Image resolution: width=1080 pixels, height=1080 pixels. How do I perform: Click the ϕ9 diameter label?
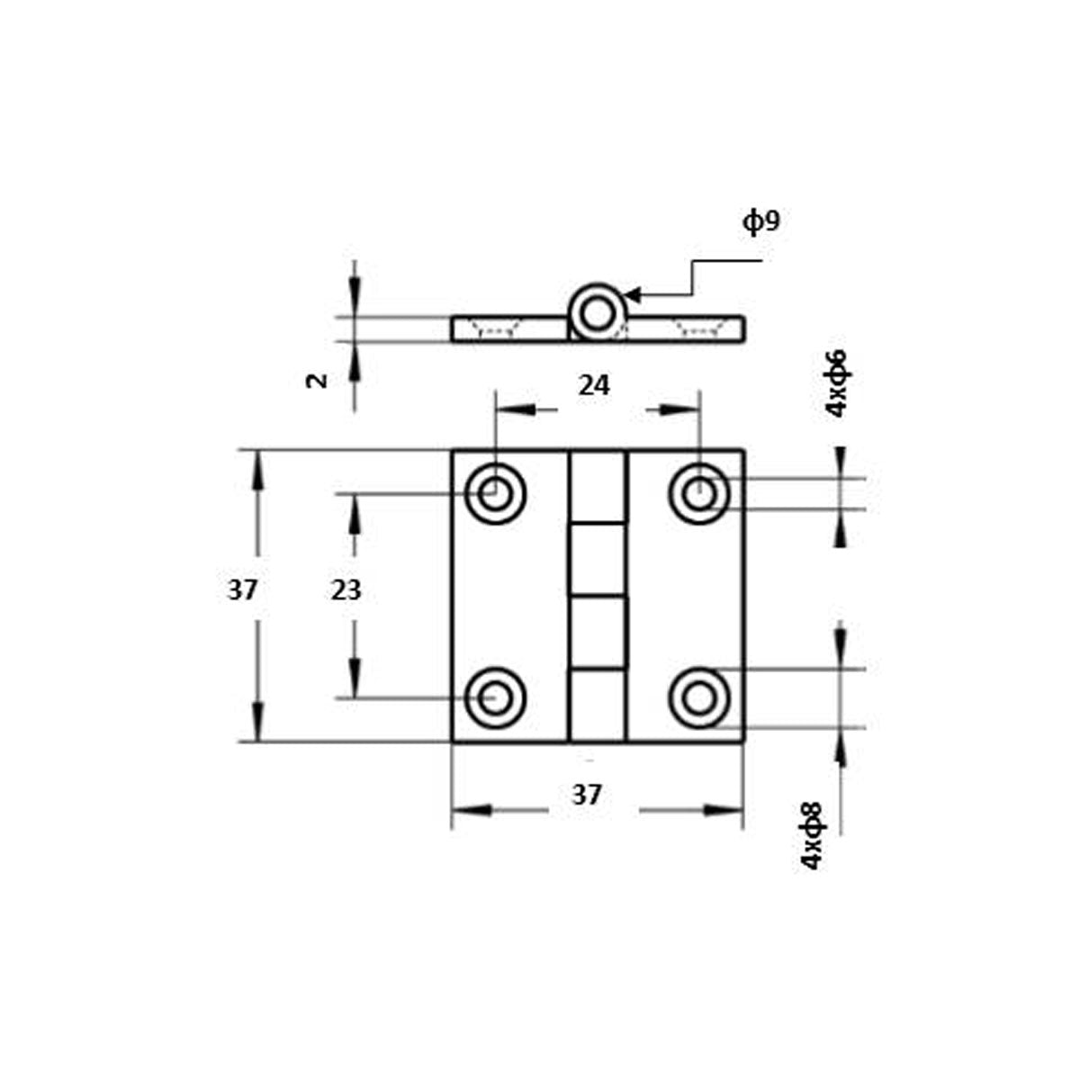(x=760, y=221)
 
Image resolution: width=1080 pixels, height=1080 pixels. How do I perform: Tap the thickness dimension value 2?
(x=315, y=381)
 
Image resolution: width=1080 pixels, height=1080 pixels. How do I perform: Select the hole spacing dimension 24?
(x=594, y=386)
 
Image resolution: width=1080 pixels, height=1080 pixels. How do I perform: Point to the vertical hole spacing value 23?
(x=346, y=591)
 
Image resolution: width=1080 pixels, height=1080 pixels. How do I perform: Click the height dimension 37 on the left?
(x=242, y=591)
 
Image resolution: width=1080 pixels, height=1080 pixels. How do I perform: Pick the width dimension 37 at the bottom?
(x=587, y=796)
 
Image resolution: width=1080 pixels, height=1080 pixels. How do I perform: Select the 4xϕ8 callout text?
(x=812, y=835)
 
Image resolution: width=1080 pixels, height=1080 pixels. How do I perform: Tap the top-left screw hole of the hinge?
(x=494, y=493)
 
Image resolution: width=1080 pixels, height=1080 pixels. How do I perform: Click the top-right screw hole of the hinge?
(x=699, y=493)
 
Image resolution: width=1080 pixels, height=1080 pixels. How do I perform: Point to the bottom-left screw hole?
(x=494, y=697)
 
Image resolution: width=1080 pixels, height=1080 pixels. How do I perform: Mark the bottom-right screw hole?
(x=699, y=697)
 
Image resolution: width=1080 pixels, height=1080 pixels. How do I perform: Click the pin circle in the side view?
(x=595, y=313)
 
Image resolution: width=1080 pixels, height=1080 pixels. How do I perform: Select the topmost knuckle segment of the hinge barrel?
(x=597, y=487)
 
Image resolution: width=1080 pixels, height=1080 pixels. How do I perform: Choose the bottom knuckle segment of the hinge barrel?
(x=597, y=706)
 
